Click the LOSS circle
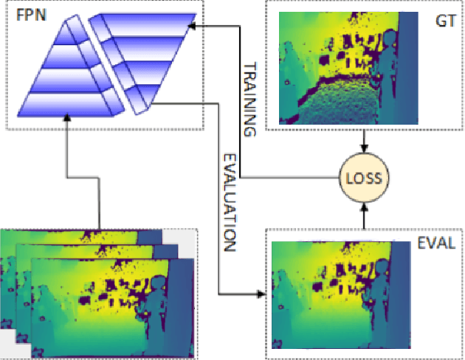[363, 177]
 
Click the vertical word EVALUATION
[230, 202]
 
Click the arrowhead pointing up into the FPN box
[68, 118]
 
